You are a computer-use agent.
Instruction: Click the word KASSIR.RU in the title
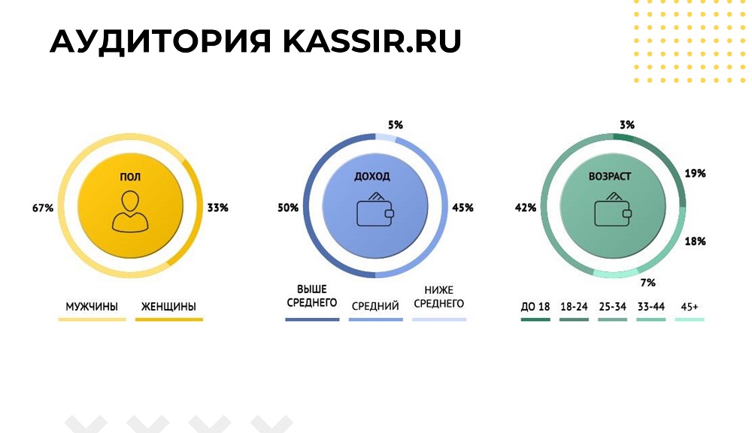pos(371,41)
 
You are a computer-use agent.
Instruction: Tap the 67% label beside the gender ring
pos(43,208)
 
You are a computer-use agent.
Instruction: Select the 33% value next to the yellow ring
pos(218,207)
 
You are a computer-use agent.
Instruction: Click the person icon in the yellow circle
pos(130,211)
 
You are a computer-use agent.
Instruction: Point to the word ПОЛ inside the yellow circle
pos(130,177)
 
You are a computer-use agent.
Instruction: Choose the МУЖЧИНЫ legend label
pos(92,307)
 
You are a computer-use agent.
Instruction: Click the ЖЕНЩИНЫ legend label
pos(168,307)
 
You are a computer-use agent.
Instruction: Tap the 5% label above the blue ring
pos(396,125)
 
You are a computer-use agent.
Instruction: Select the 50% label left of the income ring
pos(288,207)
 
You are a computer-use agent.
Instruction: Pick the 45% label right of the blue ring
pos(462,207)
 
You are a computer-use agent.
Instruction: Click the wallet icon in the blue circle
pos(375,210)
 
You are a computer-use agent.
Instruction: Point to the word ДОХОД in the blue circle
pos(372,177)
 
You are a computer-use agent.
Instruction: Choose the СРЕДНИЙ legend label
pos(375,306)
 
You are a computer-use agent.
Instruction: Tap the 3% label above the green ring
pos(627,125)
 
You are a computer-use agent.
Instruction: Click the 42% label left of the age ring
pos(526,207)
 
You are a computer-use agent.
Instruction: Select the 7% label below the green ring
pos(648,283)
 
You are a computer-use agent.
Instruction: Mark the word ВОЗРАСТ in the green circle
pos(610,177)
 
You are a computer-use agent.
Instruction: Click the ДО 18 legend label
pos(535,307)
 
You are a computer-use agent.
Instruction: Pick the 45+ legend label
pos(690,307)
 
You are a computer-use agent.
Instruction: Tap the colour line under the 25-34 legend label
pos(612,319)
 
